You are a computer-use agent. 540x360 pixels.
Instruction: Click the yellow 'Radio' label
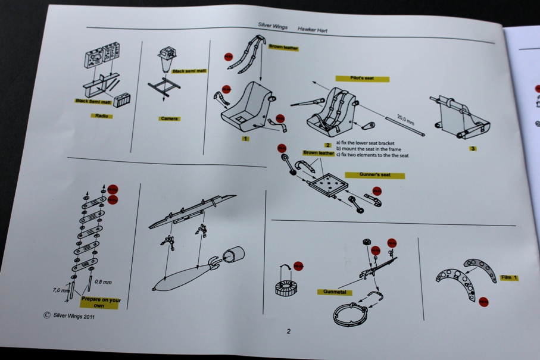(x=102, y=115)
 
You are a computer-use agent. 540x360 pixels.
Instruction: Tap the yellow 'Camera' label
(x=169, y=118)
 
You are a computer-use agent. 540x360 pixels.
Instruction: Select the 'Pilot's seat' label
(x=362, y=79)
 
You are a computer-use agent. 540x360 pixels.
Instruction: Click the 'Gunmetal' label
(x=335, y=292)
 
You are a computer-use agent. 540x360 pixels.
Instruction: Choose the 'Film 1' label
(x=508, y=278)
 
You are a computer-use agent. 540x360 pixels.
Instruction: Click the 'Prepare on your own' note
(x=100, y=302)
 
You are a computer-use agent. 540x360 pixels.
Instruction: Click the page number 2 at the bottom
(x=289, y=331)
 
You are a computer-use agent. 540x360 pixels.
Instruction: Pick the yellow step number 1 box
(x=245, y=139)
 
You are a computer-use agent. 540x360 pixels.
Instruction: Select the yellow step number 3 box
(x=473, y=148)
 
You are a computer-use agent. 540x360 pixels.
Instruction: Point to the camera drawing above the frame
(x=166, y=60)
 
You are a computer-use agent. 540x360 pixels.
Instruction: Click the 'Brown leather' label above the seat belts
(x=283, y=48)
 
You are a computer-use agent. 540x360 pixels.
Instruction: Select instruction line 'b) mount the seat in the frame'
(x=368, y=149)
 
